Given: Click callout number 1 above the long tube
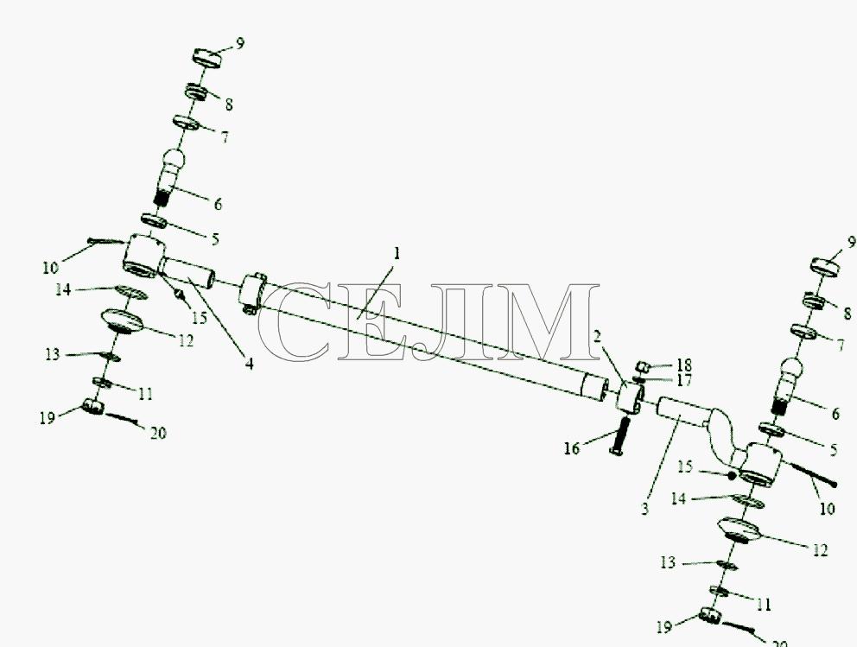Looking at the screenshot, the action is click(x=397, y=254).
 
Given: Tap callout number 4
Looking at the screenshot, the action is click(x=249, y=364).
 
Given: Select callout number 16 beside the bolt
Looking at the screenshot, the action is click(x=572, y=448).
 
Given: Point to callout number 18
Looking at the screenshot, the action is click(x=684, y=365).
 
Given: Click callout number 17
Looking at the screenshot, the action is click(x=684, y=380).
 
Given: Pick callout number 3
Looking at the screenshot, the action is click(x=645, y=509).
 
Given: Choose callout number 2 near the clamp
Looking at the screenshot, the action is click(x=597, y=336).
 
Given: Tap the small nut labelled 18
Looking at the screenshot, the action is click(x=643, y=365).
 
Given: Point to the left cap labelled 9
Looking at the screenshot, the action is click(x=207, y=57).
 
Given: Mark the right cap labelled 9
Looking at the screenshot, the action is click(x=824, y=267).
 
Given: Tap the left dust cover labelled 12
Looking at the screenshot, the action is click(x=121, y=321).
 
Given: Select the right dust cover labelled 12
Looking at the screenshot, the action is click(x=739, y=530).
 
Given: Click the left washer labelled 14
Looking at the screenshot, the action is click(x=131, y=292).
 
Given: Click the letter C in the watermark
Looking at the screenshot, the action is click(x=295, y=322).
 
